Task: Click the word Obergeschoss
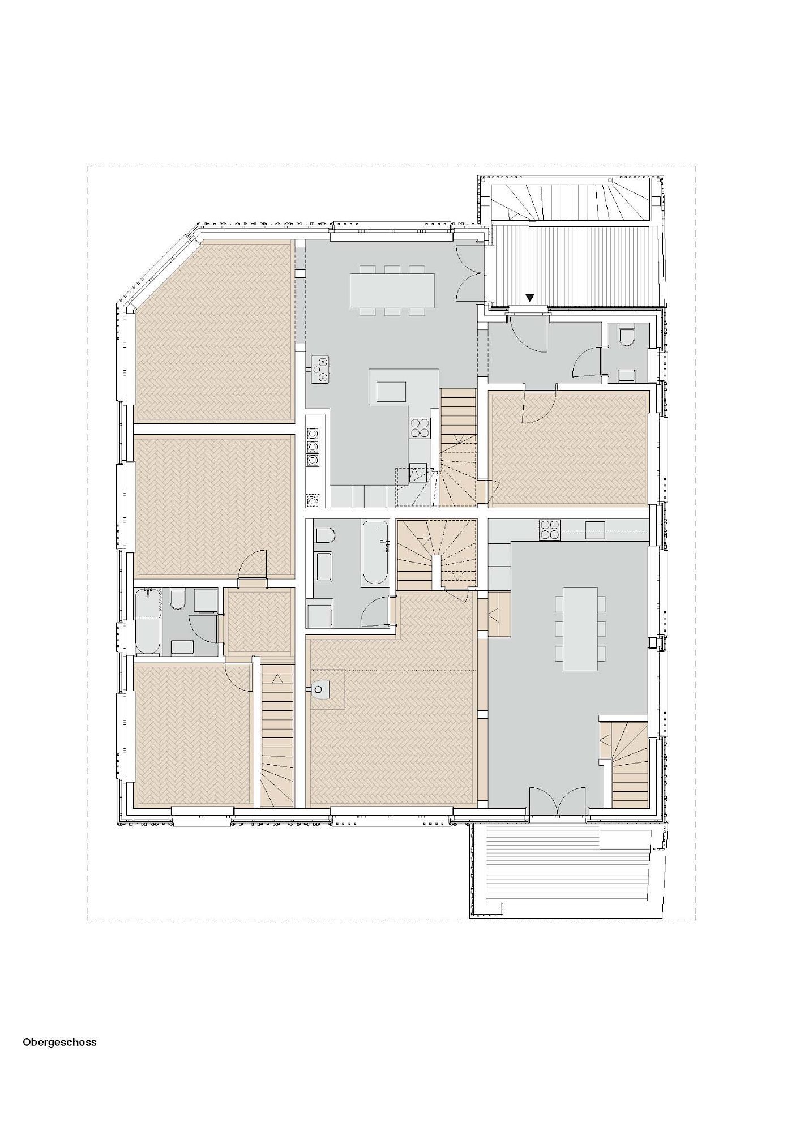pyautogui.click(x=59, y=1042)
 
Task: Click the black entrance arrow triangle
pyautogui.click(x=530, y=298)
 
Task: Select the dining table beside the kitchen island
pyautogui.click(x=393, y=290)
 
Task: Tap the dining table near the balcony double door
pyautogui.click(x=580, y=628)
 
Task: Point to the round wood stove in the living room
pyautogui.click(x=320, y=689)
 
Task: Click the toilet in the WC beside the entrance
pyautogui.click(x=627, y=336)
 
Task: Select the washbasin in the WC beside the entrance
pyautogui.click(x=627, y=375)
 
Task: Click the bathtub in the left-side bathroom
pyautogui.click(x=148, y=621)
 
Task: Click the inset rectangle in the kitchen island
pyautogui.click(x=391, y=392)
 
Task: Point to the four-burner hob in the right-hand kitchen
pyautogui.click(x=550, y=529)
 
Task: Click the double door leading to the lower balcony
pyautogui.click(x=558, y=801)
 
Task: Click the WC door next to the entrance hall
pyautogui.click(x=588, y=362)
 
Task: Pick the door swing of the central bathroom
pyautogui.click(x=375, y=611)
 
